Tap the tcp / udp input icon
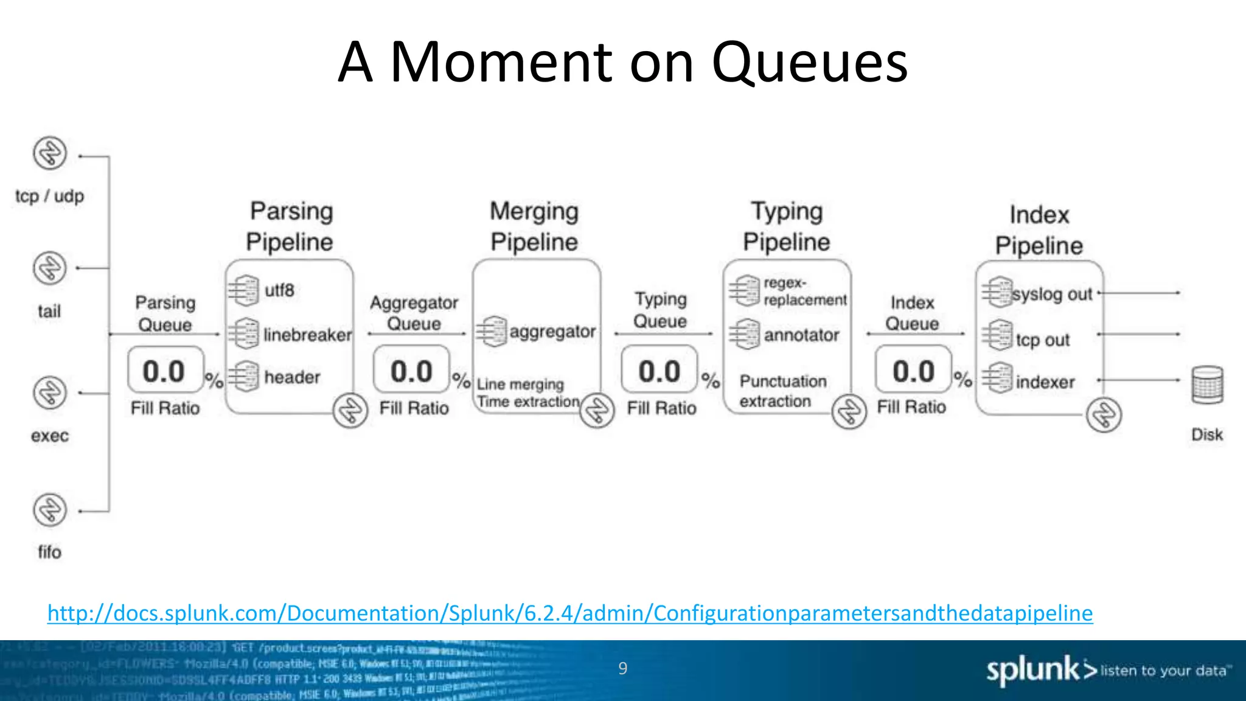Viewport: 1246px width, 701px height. (50, 153)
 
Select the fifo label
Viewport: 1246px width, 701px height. (49, 552)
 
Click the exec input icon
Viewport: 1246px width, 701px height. (50, 392)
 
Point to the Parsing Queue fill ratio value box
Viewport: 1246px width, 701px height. (165, 371)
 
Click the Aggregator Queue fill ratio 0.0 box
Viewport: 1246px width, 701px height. (412, 371)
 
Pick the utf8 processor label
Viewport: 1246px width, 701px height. (279, 290)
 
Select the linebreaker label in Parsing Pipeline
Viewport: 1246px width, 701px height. (307, 335)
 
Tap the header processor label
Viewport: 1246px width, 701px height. (292, 377)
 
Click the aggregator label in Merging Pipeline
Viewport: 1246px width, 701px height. (552, 332)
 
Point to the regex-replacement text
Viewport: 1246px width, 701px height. (804, 291)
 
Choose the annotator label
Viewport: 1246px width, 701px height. (801, 335)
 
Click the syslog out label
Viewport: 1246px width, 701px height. (1052, 295)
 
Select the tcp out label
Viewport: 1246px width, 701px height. (1042, 340)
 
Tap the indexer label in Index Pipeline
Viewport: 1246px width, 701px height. (1045, 382)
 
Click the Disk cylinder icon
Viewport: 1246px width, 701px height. (1207, 385)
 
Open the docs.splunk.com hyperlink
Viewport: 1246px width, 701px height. (570, 613)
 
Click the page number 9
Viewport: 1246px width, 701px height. (622, 668)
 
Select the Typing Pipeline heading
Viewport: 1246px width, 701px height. (786, 226)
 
